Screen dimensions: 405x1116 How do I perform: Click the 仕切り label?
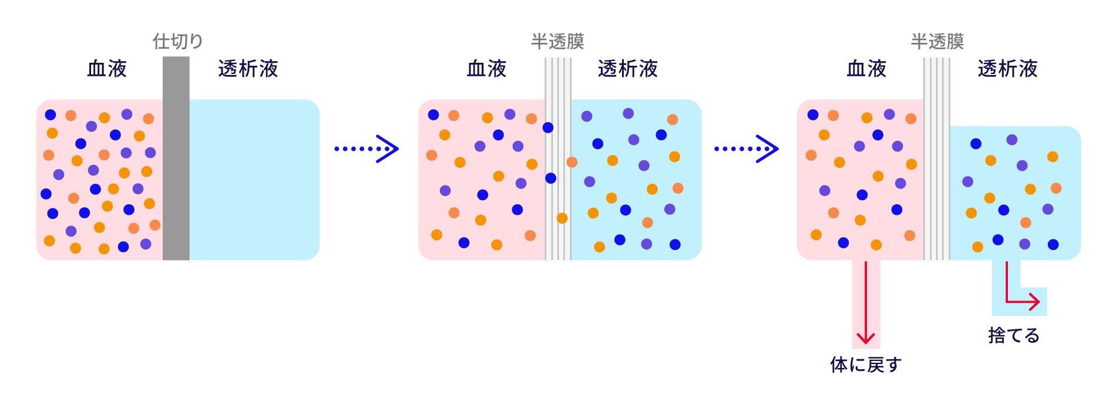pos(177,41)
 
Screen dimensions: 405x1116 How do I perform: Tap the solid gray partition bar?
pos(176,158)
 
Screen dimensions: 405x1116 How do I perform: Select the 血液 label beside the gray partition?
pos(107,69)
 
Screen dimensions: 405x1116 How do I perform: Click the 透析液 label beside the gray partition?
pos(248,69)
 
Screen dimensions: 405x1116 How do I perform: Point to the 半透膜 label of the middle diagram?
pos(557,41)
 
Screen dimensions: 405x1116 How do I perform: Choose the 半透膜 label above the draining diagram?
pos(937,41)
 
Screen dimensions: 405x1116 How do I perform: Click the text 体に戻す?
pos(865,365)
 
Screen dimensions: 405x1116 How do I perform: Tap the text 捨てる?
pos(1014,335)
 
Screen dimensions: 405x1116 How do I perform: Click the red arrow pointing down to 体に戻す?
pos(866,305)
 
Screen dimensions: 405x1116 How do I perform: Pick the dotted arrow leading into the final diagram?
pos(746,148)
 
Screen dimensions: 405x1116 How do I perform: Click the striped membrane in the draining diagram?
pos(936,158)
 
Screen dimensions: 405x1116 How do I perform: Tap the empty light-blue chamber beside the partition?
pos(254,179)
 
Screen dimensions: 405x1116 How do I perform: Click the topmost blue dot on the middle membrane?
pos(548,127)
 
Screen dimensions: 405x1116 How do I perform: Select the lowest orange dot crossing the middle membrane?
pos(562,218)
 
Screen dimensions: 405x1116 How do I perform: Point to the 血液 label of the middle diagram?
pos(486,69)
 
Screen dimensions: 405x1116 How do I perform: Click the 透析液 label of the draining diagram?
pos(1007,69)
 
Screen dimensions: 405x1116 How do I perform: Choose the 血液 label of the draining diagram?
pos(866,69)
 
